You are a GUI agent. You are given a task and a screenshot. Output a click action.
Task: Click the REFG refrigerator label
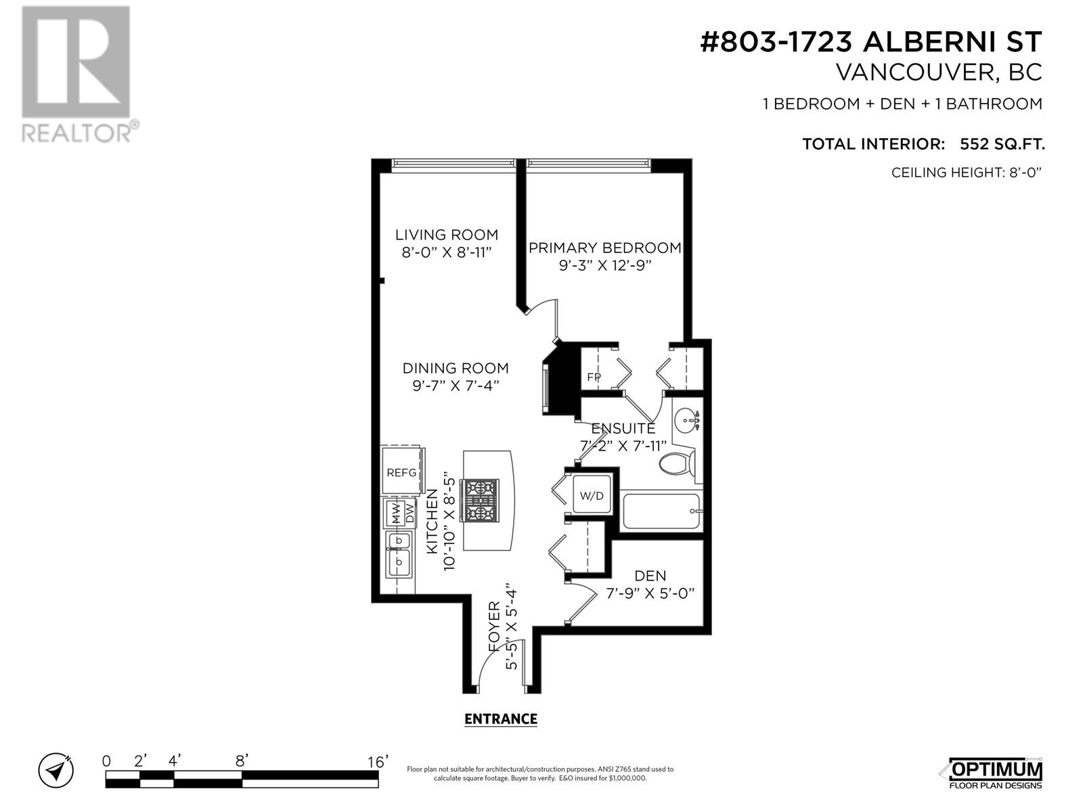401,472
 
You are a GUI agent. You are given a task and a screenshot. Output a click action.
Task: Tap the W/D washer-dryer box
592,495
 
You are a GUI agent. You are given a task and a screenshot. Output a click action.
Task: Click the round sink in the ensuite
686,420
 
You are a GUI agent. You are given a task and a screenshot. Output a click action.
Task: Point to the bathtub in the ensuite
661,510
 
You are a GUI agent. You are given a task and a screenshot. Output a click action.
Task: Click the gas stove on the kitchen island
479,500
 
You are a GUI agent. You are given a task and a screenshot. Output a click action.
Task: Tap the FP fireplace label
594,377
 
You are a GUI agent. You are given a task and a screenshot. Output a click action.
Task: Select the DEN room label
650,575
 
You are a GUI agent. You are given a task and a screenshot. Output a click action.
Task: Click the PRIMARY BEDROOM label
605,248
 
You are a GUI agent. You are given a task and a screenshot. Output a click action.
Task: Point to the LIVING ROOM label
447,234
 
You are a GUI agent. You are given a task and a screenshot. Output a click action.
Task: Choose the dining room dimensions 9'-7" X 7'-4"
452,386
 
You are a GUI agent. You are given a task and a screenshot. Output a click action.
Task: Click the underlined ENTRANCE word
501,719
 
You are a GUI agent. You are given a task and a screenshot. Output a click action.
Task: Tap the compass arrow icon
56,770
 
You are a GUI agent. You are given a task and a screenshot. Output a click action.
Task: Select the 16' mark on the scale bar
378,762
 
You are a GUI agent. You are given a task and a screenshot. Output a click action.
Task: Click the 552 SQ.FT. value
1002,144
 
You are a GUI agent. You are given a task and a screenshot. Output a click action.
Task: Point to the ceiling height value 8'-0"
1024,173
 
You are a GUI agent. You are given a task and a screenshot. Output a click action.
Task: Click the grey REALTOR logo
80,74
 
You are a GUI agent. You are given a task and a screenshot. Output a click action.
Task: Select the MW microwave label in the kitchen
396,513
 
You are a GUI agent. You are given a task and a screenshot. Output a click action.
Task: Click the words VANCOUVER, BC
939,72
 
